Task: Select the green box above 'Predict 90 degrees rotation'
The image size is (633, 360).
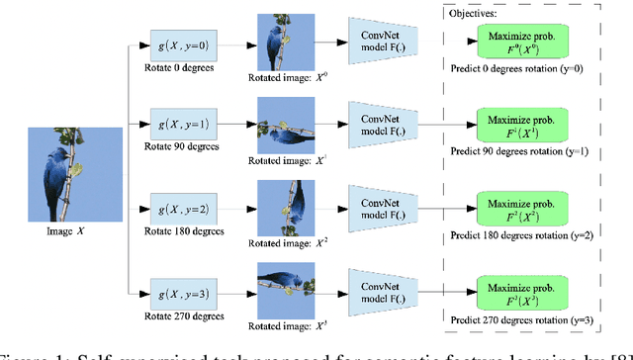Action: tap(523, 126)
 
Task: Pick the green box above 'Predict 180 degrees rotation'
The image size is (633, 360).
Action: tap(523, 207)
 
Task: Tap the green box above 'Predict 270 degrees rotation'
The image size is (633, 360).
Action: tap(523, 290)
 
